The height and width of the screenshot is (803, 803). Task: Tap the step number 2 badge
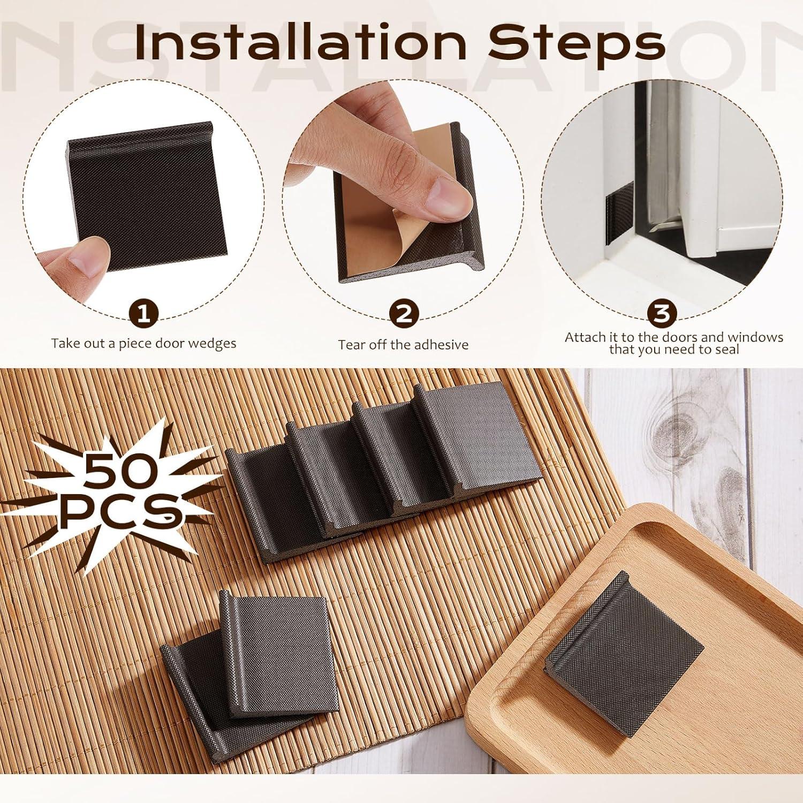[404, 314]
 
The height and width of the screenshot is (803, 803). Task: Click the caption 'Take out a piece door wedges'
[143, 343]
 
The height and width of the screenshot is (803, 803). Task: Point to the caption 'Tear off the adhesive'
[403, 345]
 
